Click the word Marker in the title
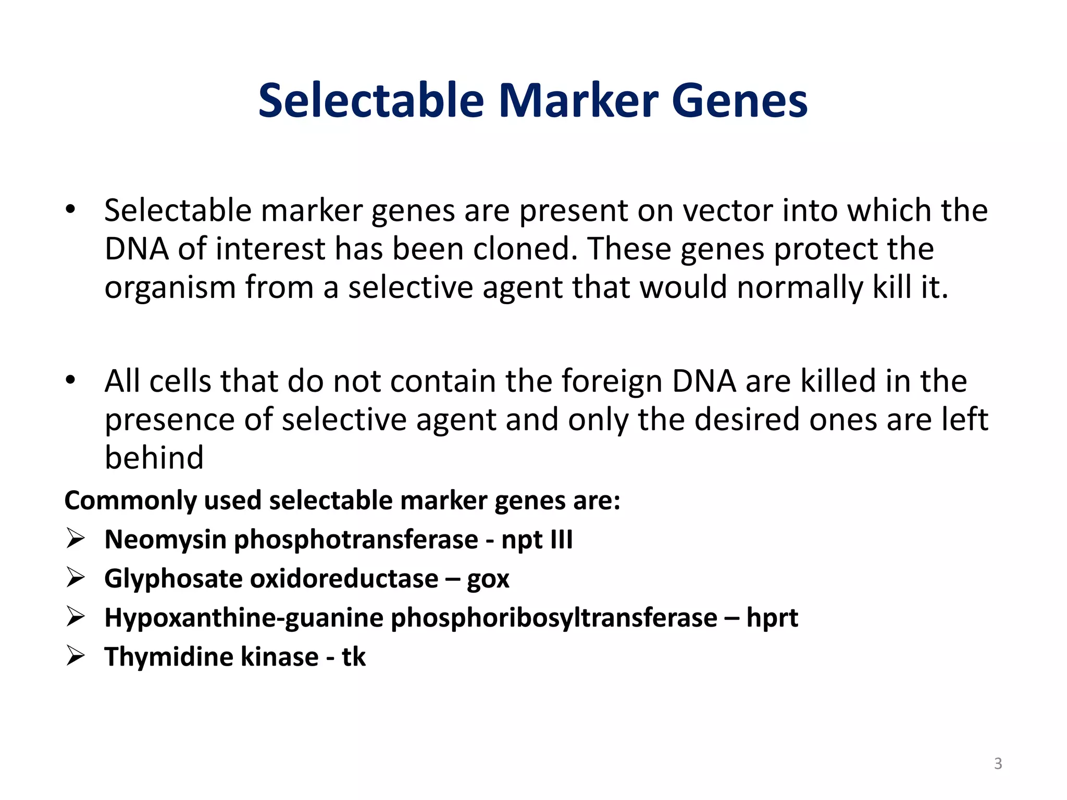pyautogui.click(x=578, y=101)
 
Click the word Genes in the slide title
pyautogui.click(x=740, y=101)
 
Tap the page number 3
pyautogui.click(x=998, y=764)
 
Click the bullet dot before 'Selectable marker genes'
pyautogui.click(x=70, y=210)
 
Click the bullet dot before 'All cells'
pyautogui.click(x=70, y=381)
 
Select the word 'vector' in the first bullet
pyautogui.click(x=724, y=211)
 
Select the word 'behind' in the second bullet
pyautogui.click(x=154, y=458)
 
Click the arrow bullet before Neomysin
pyautogui.click(x=76, y=539)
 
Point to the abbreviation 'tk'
pyautogui.click(x=354, y=657)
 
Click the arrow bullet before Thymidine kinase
pyautogui.click(x=76, y=656)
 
